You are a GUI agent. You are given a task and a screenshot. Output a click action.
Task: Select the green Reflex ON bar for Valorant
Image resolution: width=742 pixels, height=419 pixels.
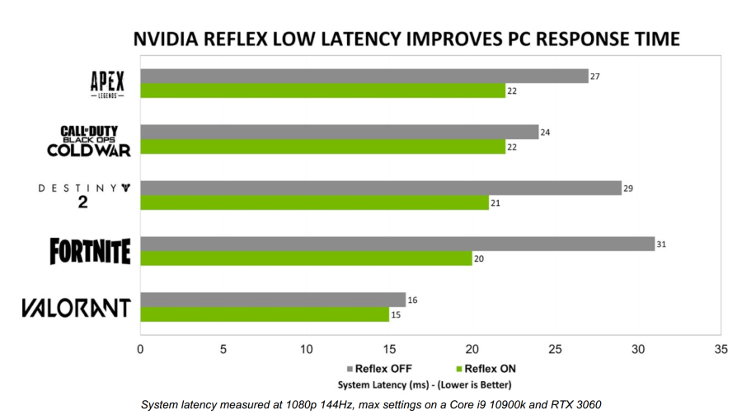click(x=264, y=314)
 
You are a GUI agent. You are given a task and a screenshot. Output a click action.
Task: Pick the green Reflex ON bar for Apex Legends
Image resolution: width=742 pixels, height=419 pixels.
click(x=322, y=91)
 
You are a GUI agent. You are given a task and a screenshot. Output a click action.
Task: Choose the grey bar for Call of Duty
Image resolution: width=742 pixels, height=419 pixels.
click(x=339, y=132)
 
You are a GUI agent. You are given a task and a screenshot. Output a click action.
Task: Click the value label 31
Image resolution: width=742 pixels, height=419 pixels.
click(x=661, y=244)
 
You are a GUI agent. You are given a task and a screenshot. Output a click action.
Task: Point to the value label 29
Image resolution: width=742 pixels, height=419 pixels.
click(x=628, y=188)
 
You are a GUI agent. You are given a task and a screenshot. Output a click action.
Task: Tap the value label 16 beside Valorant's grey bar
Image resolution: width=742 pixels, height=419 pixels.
click(x=412, y=300)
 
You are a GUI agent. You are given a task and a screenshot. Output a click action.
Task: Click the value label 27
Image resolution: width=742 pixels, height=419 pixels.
click(x=594, y=76)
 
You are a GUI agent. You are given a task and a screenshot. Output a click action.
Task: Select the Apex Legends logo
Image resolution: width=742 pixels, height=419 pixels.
click(x=107, y=84)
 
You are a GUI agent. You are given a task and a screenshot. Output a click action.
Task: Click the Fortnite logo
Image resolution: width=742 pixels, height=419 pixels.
click(x=90, y=251)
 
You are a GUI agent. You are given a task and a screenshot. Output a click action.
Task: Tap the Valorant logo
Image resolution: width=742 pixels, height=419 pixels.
click(x=76, y=308)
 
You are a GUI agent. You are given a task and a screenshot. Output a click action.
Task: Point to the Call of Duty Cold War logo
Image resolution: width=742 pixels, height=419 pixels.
click(x=89, y=140)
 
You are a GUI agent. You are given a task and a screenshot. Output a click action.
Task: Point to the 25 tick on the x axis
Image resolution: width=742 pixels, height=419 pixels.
click(x=556, y=349)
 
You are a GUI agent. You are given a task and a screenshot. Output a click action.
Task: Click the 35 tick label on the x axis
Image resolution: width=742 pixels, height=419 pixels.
click(x=721, y=349)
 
